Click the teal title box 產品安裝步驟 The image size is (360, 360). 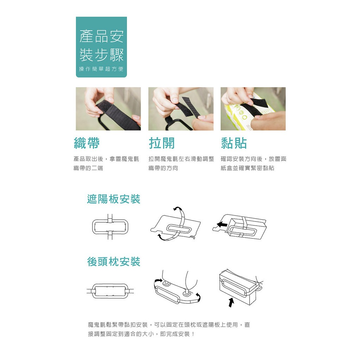coord(101,47)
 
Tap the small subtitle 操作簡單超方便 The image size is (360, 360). coord(101,69)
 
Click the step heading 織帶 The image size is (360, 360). coord(87,143)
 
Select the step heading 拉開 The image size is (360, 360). coord(162,143)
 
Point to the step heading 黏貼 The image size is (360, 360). coord(234,143)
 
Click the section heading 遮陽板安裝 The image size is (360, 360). coord(114,199)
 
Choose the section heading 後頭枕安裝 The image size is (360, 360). coord(114,262)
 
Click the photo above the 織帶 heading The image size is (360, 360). coord(108,109)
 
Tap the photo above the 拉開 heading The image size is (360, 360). coord(181,109)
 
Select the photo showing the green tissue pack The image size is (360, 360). coord(253,109)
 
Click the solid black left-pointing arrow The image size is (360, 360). coord(222,224)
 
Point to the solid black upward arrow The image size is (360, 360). coord(231,302)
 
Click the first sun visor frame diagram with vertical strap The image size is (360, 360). coord(110,227)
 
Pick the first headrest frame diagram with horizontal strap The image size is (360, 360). coord(110,291)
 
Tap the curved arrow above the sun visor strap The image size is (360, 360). coord(177,208)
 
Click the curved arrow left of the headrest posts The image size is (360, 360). coord(158,281)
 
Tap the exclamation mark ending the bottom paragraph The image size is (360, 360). coord(193,334)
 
